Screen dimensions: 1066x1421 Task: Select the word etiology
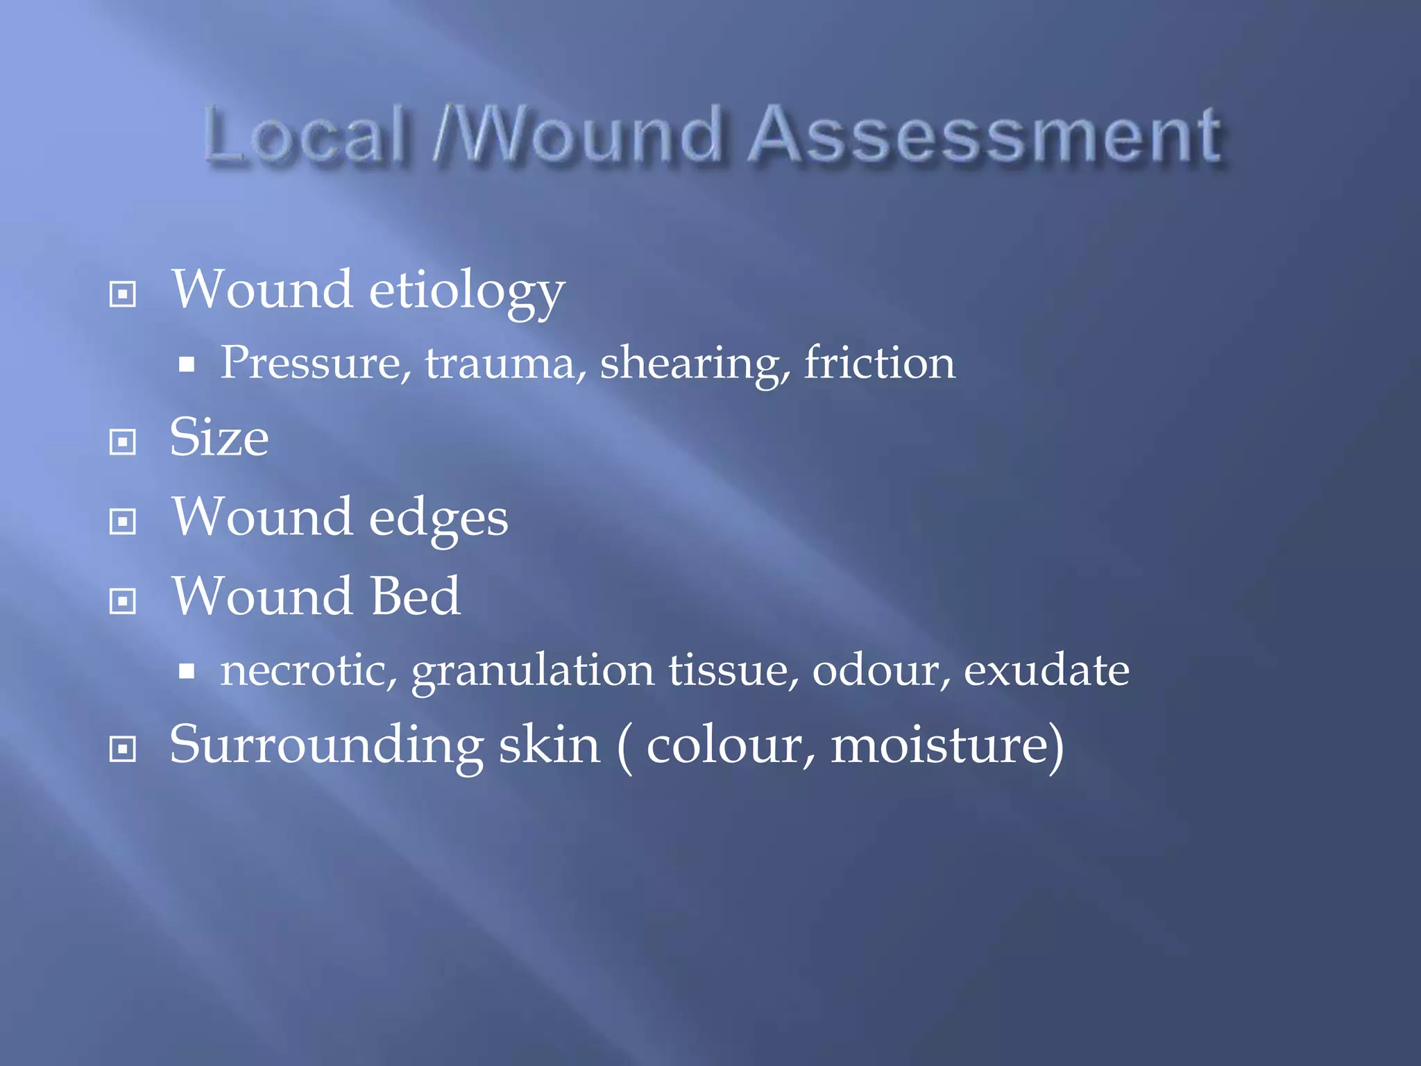coord(466,291)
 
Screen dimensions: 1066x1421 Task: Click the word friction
coord(880,363)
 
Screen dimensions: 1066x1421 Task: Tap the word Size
coord(219,439)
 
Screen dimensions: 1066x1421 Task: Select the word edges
coord(439,519)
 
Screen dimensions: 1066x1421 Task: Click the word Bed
coord(415,597)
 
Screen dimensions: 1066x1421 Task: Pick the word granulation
coord(533,672)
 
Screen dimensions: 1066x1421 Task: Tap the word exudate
coord(1046,670)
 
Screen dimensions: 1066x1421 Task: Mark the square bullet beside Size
coord(123,441)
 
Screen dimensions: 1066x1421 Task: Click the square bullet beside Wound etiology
coord(123,294)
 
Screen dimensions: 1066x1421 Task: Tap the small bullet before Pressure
coord(186,364)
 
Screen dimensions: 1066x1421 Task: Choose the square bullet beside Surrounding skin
coord(123,749)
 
